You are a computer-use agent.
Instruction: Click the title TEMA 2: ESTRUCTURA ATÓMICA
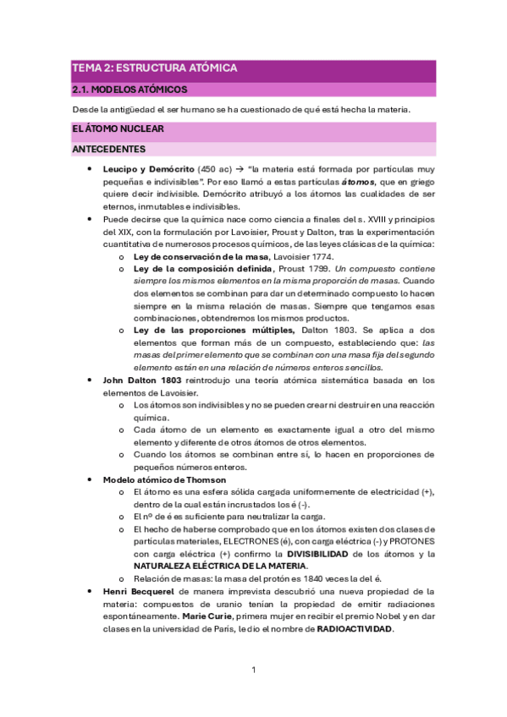pyautogui.click(x=154, y=68)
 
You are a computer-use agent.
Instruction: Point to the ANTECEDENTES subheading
pyautogui.click(x=109, y=150)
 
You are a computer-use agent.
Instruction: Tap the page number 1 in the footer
pyautogui.click(x=253, y=670)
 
